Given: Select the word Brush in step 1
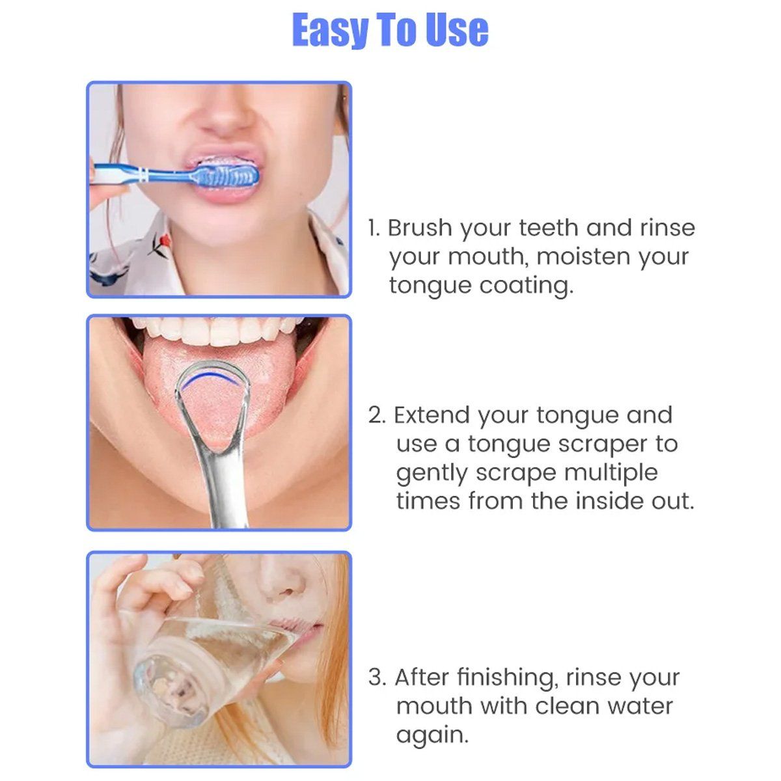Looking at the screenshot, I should tap(420, 228).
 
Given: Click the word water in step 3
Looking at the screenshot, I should tap(640, 706).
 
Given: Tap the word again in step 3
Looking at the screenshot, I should tap(432, 735).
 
